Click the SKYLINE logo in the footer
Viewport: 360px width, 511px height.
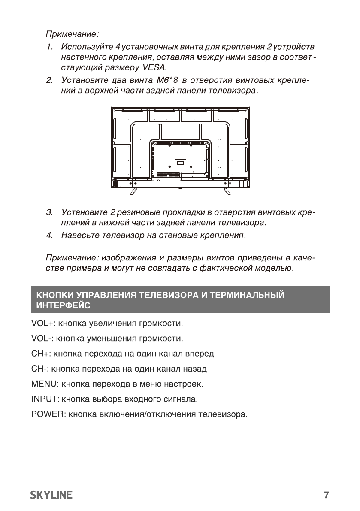[51, 495]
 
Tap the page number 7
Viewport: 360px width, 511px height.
[326, 495]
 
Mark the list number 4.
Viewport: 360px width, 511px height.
[49, 236]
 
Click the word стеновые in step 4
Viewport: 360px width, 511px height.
[185, 236]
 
